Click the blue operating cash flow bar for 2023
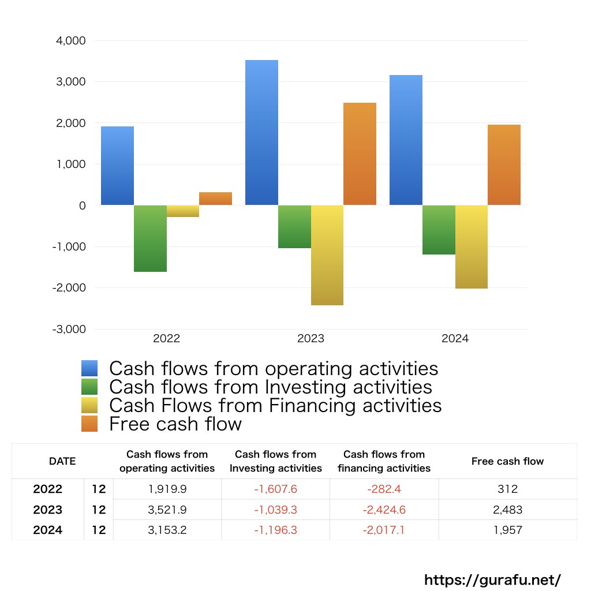(261, 133)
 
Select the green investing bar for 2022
(150, 238)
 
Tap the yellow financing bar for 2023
(327, 255)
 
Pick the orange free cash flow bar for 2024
(504, 165)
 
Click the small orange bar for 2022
(215, 199)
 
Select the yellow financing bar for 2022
(183, 211)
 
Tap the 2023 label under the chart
(311, 339)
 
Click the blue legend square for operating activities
(90, 368)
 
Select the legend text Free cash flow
(175, 424)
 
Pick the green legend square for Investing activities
(90, 387)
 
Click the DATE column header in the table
(62, 461)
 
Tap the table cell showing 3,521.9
(167, 510)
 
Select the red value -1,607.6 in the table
(276, 489)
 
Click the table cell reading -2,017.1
(384, 530)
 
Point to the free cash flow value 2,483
(508, 510)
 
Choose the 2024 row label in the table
(48, 530)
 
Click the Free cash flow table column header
(508, 461)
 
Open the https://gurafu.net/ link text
(492, 579)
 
